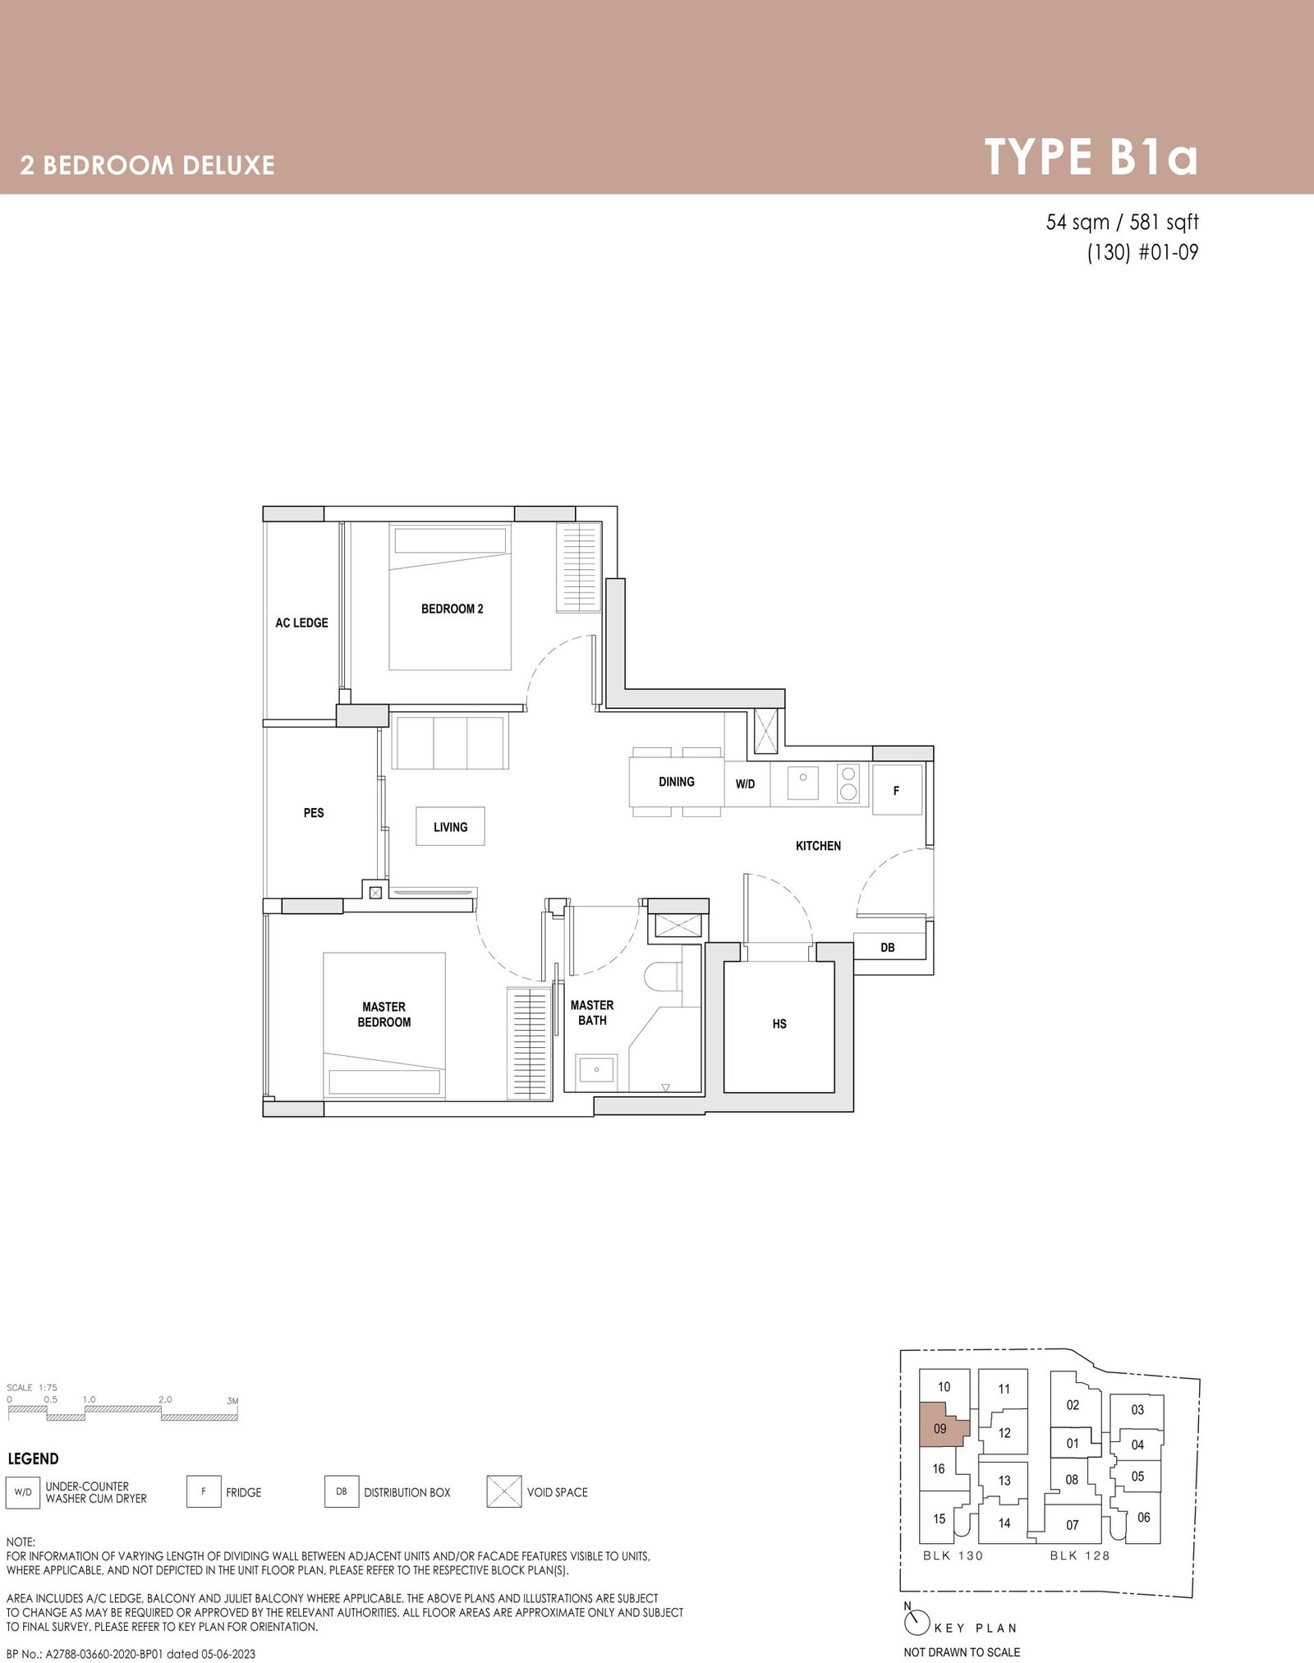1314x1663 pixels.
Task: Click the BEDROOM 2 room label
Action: tap(452, 609)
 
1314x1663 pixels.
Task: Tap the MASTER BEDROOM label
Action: tap(384, 1014)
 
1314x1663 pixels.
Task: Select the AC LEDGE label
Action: tap(301, 622)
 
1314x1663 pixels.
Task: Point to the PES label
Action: tap(314, 813)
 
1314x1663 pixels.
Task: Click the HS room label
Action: tap(779, 1023)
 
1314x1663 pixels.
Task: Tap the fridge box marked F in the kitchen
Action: tap(897, 790)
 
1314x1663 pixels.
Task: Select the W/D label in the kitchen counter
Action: tap(745, 784)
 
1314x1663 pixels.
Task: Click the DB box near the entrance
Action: tap(887, 948)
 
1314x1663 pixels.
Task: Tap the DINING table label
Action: tap(676, 782)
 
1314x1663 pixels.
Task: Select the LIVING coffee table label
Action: tap(450, 827)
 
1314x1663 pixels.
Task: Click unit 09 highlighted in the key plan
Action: tap(940, 1428)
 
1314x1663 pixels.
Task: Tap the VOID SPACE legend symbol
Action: tap(504, 1492)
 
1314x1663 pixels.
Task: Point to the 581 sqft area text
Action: tap(1165, 223)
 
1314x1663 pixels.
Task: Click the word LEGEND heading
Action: tap(33, 1459)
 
